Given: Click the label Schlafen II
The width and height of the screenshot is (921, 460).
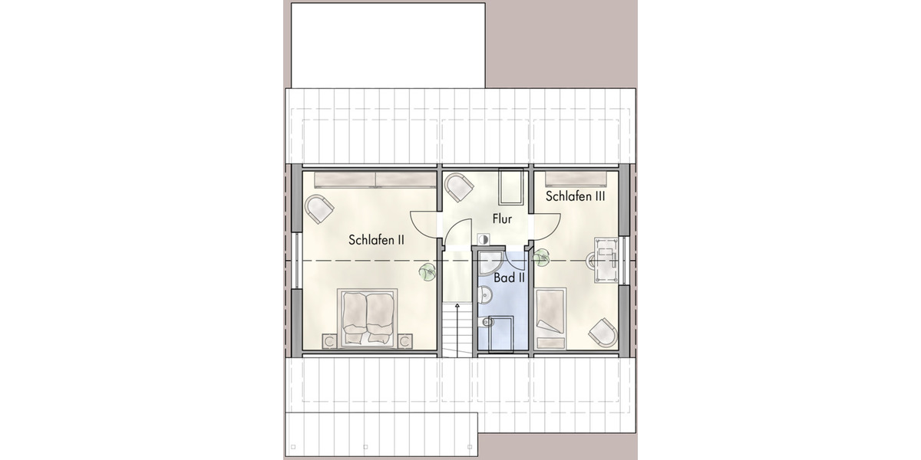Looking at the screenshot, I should click(376, 240).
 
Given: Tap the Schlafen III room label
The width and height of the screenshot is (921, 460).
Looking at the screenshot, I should click(576, 196).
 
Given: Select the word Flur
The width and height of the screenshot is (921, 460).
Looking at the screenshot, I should click(502, 220).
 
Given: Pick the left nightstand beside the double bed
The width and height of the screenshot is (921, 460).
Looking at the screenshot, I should click(329, 340).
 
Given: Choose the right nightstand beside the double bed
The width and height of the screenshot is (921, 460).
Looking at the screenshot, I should click(404, 340).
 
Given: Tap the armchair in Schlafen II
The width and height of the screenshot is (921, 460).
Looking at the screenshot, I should click(319, 208).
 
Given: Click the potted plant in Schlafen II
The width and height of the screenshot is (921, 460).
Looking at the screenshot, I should click(426, 271).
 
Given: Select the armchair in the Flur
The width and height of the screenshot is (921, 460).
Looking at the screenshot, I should click(460, 188).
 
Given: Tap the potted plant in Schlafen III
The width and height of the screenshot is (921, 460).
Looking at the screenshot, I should click(542, 257).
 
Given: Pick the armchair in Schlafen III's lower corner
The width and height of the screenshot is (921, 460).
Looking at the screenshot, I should click(602, 333).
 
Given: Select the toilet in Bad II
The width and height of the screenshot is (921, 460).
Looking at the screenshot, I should click(486, 323).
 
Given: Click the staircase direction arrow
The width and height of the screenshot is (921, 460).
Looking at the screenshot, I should click(457, 307).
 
